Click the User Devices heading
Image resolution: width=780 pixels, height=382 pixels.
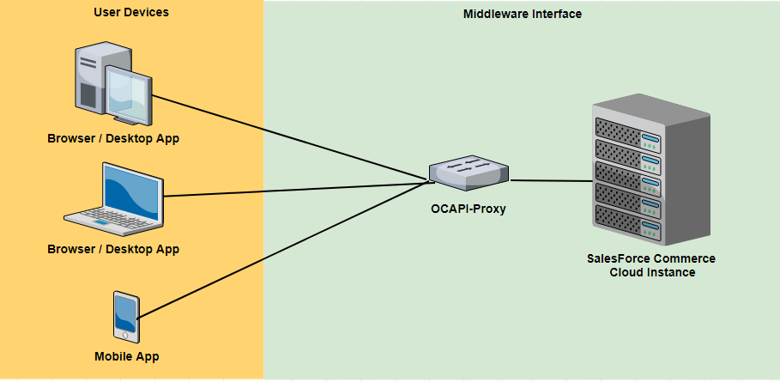pos(130,12)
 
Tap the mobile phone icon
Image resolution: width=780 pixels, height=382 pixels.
pos(126,316)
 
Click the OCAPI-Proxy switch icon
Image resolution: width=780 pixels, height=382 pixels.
pos(468,173)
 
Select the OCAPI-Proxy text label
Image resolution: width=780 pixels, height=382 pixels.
pos(469,208)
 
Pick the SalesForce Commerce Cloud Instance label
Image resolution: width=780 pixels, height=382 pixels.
pos(651,265)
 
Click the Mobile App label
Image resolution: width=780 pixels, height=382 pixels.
pos(127,356)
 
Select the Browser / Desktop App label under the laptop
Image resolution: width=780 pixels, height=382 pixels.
pos(113,249)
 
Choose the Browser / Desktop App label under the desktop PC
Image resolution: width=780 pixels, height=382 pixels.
pos(113,138)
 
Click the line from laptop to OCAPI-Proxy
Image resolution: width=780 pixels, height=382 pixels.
pos(292,190)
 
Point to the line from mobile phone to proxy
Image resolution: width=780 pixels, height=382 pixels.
pos(283,248)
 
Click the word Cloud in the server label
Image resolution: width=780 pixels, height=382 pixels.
pos(628,273)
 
